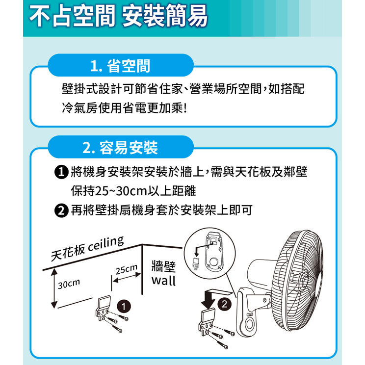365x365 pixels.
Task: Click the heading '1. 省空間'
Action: point(120,66)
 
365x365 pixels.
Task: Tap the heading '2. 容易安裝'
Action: point(120,148)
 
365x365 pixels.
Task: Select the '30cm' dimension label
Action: point(69,284)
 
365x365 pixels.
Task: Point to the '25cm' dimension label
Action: point(127,269)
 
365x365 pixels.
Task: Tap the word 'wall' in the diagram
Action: point(163,280)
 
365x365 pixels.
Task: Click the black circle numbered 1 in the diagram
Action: point(124,306)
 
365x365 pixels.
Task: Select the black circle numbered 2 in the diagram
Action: point(224,304)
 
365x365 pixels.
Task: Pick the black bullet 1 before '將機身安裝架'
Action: point(61,172)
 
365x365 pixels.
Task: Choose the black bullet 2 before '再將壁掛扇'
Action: point(61,210)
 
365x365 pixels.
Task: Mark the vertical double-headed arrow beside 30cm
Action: point(54,288)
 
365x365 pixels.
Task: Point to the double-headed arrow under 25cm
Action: point(127,277)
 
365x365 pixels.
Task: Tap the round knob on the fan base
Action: point(249,324)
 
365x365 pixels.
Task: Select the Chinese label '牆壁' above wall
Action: point(163,266)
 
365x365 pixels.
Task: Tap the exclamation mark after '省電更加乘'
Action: point(185,108)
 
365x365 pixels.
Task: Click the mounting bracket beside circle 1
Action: point(103,307)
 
